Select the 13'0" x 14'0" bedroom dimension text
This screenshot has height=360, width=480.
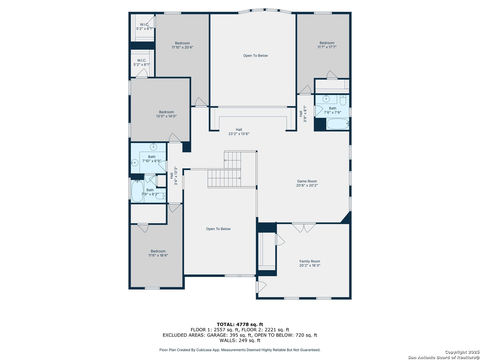(x=166, y=116)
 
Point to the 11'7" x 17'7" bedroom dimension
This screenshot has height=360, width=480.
(x=327, y=47)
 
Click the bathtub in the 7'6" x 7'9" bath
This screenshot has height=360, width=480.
(x=338, y=124)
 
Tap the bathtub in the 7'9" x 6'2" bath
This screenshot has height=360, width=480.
(x=137, y=191)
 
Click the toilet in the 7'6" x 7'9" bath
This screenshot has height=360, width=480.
(x=343, y=100)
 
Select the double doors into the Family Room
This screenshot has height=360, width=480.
(x=304, y=228)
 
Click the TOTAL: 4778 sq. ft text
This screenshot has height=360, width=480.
(x=240, y=324)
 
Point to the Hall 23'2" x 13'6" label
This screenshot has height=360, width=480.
(x=239, y=132)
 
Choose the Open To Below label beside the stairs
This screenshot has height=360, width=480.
(x=218, y=229)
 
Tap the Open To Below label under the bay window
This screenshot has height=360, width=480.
(x=255, y=56)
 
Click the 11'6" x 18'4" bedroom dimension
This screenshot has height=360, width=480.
(x=158, y=255)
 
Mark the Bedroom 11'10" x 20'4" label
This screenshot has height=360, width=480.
(x=182, y=45)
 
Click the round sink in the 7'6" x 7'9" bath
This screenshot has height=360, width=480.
(x=326, y=99)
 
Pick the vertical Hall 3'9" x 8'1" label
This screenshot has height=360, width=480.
(x=303, y=114)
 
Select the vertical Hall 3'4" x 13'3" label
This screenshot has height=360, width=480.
(x=174, y=176)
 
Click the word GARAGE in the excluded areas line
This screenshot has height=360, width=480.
(x=216, y=335)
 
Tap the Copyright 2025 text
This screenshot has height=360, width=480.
(x=462, y=352)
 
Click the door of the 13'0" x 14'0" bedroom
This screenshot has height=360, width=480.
(x=175, y=138)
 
